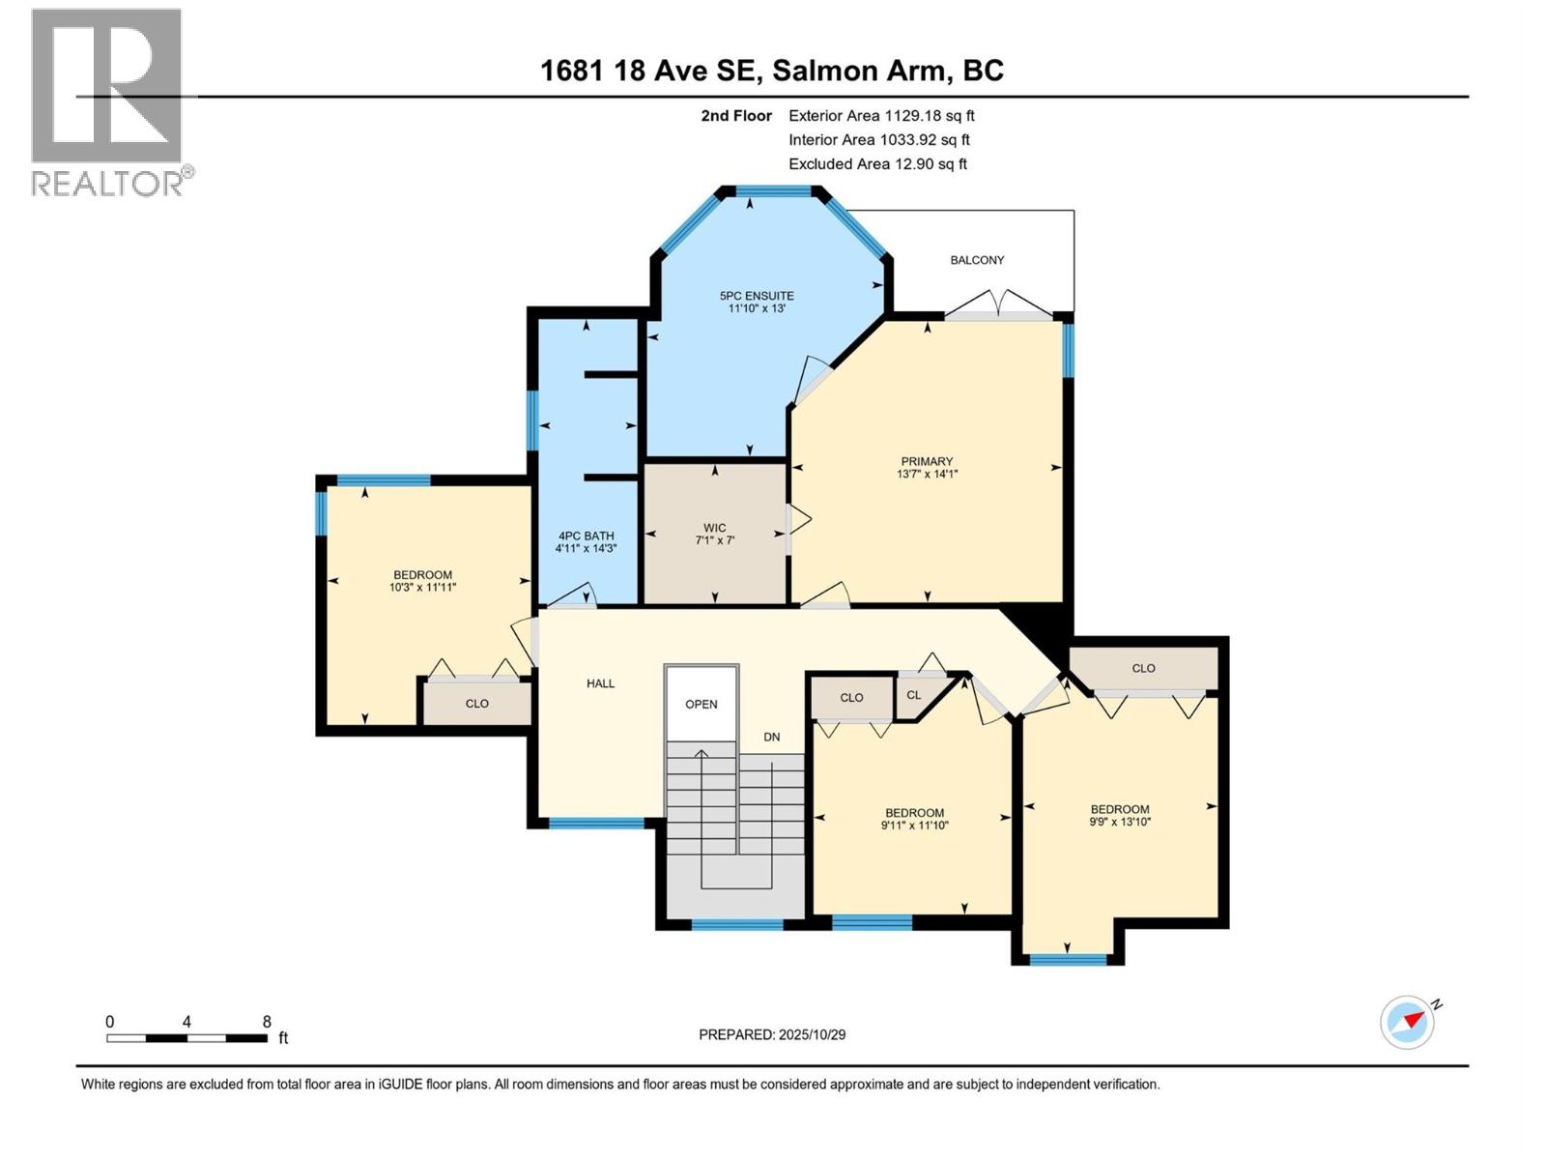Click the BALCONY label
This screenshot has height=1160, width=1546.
977,260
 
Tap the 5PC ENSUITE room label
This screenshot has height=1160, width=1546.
757,296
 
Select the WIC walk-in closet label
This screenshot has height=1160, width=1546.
715,528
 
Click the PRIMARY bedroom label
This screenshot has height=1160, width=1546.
927,461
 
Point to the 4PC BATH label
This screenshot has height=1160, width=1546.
586,536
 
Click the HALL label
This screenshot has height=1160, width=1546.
600,683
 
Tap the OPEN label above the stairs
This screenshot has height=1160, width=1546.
701,704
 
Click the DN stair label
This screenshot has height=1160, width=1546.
771,737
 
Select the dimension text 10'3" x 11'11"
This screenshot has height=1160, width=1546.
422,587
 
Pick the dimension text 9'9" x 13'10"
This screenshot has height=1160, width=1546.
1120,822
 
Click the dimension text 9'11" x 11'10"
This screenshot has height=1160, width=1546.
914,826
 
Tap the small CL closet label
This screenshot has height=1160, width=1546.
914,695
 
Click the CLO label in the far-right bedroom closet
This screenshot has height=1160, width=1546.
1143,668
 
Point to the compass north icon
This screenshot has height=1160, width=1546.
1408,1022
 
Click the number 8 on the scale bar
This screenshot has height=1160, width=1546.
267,1022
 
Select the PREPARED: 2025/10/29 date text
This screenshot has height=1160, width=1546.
772,1034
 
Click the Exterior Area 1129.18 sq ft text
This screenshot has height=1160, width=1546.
881,115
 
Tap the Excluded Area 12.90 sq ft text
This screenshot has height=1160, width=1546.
877,163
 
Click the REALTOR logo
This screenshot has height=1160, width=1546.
107,101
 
